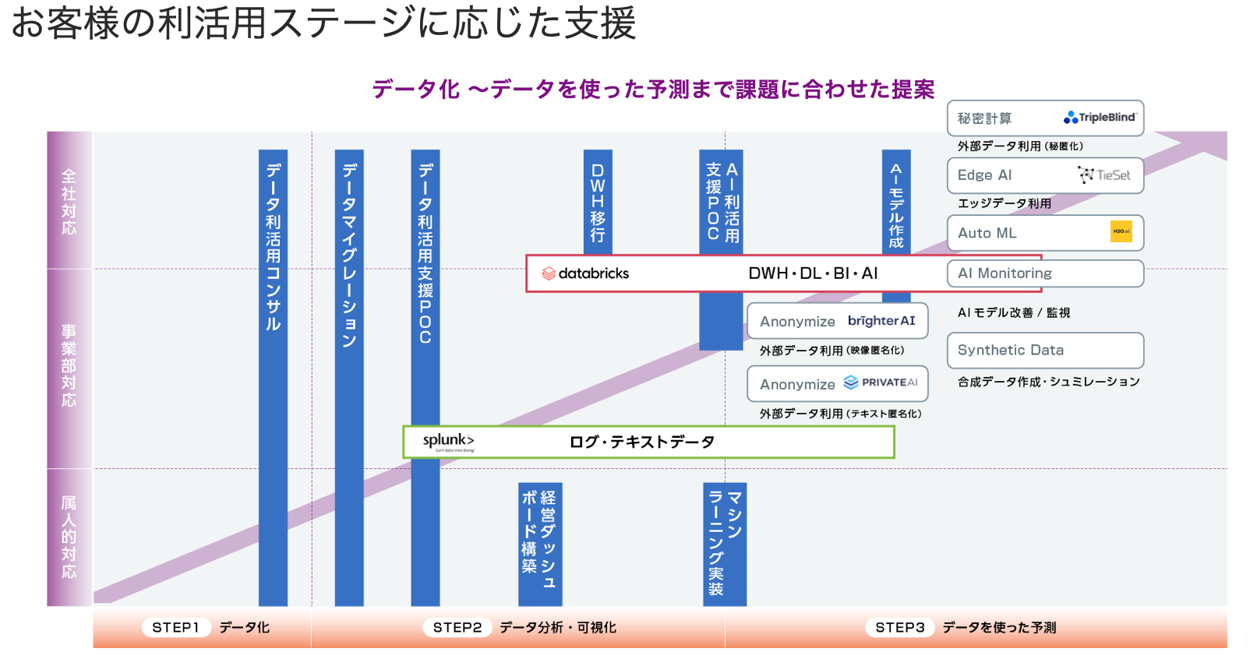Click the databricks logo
585,273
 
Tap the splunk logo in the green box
448,441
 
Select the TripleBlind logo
1100,118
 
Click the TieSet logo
1104,175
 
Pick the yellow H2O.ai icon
1121,231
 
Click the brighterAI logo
881,321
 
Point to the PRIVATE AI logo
881,382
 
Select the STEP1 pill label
175,627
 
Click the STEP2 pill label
457,627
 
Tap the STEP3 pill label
899,627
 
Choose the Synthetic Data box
1045,351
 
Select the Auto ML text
987,233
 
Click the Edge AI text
985,175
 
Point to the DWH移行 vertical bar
598,202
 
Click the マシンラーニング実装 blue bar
725,544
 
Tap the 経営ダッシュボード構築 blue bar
540,544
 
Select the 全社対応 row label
69,201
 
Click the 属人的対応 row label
69,537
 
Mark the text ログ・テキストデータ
642,442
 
